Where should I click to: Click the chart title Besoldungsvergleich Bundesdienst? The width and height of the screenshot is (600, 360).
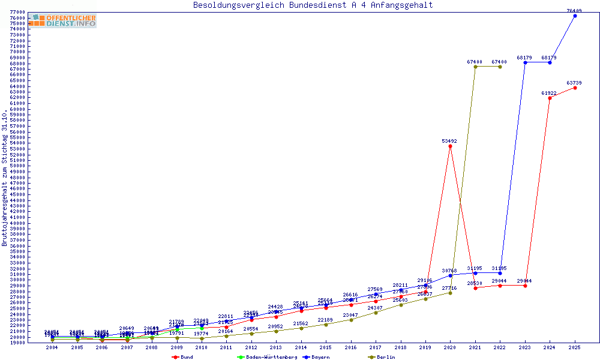click(313, 5)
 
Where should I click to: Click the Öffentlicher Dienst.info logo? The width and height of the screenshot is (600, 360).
click(62, 21)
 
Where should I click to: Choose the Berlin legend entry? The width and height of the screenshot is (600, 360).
click(386, 357)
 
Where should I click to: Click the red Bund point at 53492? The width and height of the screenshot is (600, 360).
click(450, 146)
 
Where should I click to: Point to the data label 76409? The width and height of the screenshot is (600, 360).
click(574, 11)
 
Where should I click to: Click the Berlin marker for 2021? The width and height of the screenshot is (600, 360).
click(475, 67)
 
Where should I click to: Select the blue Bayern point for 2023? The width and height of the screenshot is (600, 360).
click(525, 62)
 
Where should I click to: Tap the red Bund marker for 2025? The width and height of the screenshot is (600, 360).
click(575, 88)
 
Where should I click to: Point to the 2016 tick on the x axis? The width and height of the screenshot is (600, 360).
click(350, 347)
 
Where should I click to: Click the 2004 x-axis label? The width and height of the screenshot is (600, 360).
click(52, 347)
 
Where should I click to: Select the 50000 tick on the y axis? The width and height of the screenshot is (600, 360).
click(17, 166)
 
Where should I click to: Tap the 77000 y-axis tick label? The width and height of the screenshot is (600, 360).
click(17, 13)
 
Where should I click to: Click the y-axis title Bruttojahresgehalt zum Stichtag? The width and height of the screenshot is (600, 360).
click(5, 178)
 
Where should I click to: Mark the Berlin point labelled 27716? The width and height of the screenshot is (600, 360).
click(450, 293)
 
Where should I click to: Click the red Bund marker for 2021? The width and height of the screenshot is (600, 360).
click(475, 288)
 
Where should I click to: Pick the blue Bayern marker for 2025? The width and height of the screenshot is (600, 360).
click(575, 16)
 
